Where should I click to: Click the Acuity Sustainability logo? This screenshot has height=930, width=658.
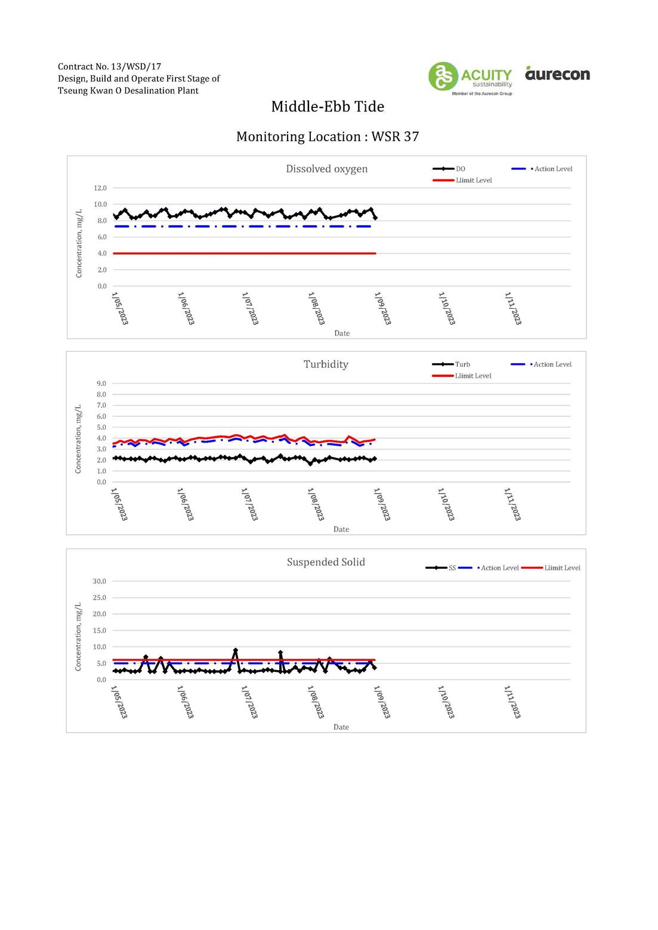(x=470, y=78)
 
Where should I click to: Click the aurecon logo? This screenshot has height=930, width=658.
(x=557, y=73)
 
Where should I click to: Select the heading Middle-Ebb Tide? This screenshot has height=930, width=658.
(x=328, y=107)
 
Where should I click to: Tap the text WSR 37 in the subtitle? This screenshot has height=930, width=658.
(x=395, y=137)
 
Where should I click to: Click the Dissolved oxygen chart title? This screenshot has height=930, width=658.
(x=326, y=169)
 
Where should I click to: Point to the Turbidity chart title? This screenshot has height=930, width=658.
(x=326, y=364)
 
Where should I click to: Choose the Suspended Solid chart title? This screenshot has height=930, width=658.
(x=326, y=562)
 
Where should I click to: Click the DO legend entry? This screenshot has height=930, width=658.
(x=449, y=169)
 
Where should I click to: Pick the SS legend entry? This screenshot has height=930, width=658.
(x=440, y=568)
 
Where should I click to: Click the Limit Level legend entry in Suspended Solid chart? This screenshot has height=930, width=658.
(x=551, y=568)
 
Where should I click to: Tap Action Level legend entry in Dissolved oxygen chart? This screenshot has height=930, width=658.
(x=542, y=169)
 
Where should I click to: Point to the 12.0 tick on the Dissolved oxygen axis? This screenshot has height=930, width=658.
(x=100, y=188)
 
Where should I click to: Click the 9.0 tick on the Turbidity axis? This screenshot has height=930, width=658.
(x=101, y=383)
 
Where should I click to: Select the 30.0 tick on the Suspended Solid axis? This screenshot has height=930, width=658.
(x=99, y=581)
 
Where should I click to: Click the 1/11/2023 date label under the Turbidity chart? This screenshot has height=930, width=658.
(x=512, y=504)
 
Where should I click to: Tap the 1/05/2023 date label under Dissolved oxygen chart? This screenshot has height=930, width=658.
(x=120, y=308)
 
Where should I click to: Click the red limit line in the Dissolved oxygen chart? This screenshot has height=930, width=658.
(x=244, y=253)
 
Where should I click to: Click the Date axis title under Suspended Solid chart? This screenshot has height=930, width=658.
(x=341, y=727)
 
